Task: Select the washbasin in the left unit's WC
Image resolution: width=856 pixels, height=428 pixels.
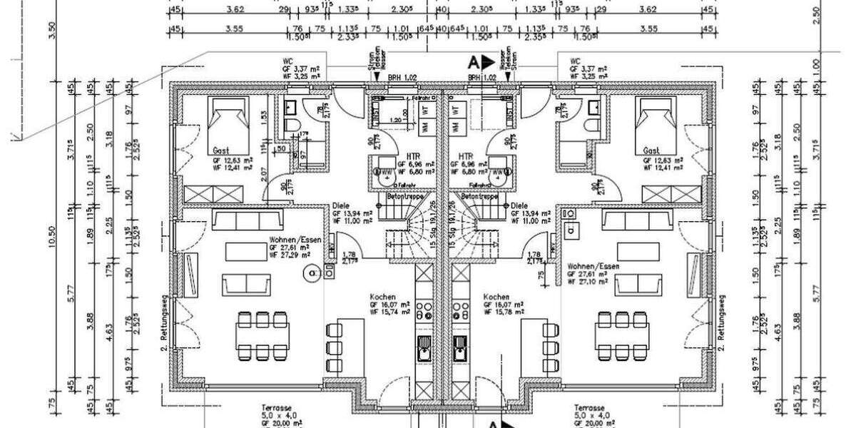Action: pos(290,108)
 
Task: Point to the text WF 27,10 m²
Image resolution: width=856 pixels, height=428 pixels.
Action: pos(586,281)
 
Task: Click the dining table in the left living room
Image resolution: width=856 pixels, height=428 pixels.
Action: pos(263,332)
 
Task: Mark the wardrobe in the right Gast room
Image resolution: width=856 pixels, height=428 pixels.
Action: pos(671,194)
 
